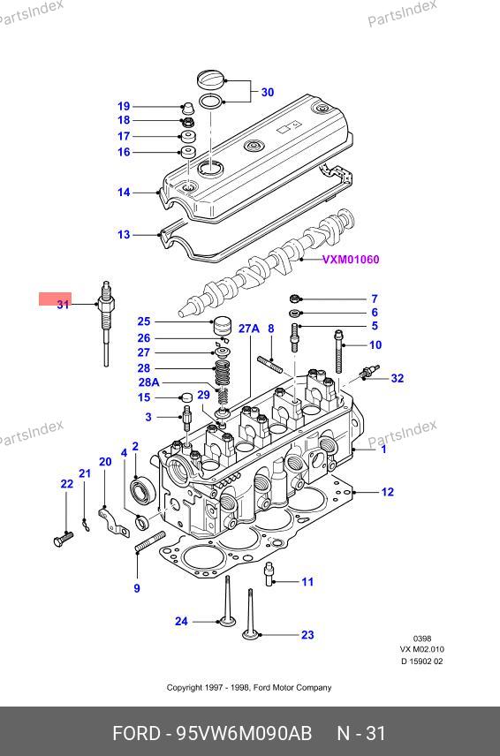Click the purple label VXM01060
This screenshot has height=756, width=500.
click(x=351, y=260)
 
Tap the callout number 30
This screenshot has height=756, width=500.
click(x=268, y=92)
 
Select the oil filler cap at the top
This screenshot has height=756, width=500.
click(x=211, y=79)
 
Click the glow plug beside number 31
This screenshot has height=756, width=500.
click(x=106, y=323)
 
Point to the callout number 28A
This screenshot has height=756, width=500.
click(x=148, y=382)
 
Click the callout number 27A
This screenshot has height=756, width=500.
click(x=249, y=329)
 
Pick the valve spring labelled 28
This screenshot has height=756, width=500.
click(x=223, y=374)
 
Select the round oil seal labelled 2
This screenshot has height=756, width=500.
click(x=143, y=490)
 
